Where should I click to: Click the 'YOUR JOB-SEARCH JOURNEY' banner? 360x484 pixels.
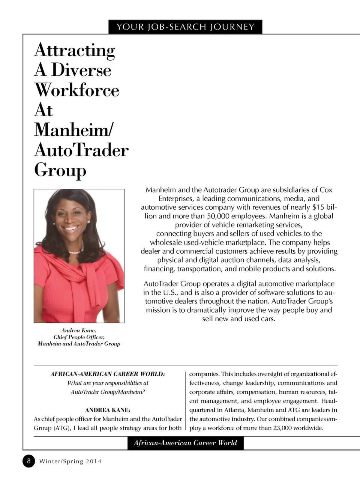[x=185, y=27]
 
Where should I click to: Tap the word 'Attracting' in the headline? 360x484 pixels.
[x=75, y=50]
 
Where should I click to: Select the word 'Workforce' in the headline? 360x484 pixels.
[x=77, y=90]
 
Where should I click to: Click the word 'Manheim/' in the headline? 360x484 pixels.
[x=74, y=130]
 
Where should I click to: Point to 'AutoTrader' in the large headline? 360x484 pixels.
[x=81, y=150]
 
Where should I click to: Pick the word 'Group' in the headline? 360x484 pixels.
[x=60, y=170]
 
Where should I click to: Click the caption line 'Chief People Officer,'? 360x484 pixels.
[x=79, y=337]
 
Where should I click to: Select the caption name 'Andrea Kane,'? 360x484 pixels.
[x=79, y=330]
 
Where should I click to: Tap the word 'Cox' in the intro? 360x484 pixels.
[x=326, y=190]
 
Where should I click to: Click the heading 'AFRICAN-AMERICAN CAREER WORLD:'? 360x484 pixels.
[x=108, y=374]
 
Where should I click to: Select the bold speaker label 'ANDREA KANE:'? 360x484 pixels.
[x=108, y=410]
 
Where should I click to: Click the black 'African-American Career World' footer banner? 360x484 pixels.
[x=185, y=443]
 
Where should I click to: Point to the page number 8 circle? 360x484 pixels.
[x=28, y=461]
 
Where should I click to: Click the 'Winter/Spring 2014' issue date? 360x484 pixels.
[x=70, y=461]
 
